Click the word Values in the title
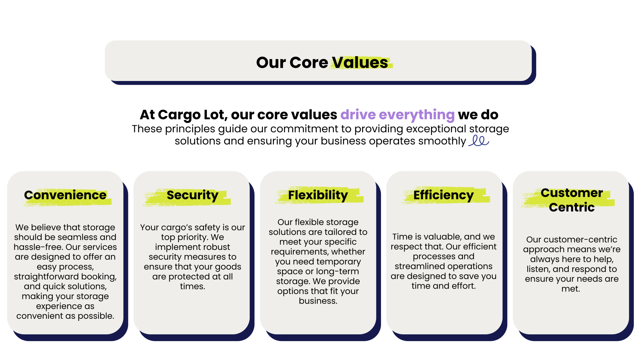(360, 62)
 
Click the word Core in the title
(309, 62)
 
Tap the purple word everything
(417, 115)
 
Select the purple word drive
(358, 114)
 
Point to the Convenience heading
(65, 195)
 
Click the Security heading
(192, 195)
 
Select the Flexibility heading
(318, 195)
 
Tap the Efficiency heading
(444, 195)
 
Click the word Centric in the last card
(572, 207)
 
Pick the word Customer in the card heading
(572, 193)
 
